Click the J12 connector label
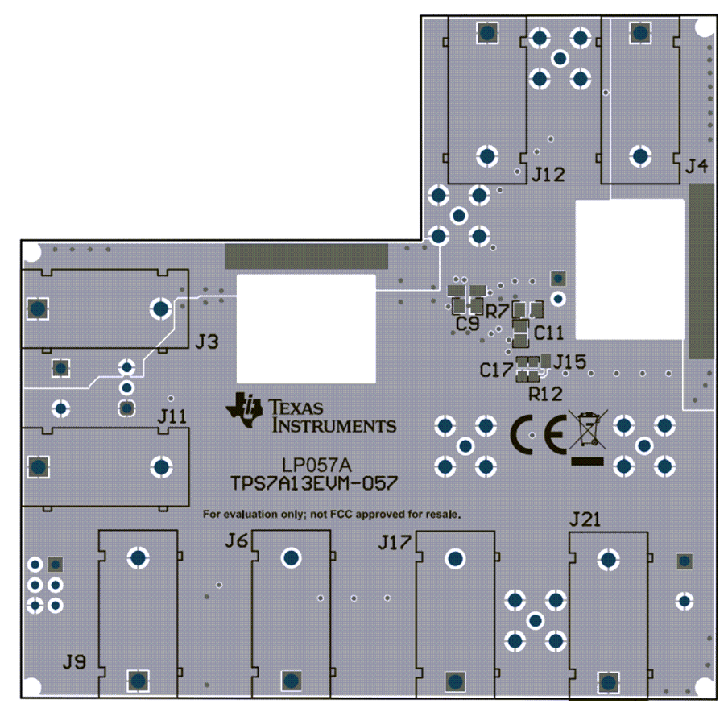tap(548, 175)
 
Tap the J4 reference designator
tap(697, 166)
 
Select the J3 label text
tap(207, 342)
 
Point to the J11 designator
tap(172, 416)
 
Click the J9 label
tap(74, 661)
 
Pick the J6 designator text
tap(236, 540)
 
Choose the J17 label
tap(395, 542)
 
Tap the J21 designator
tap(585, 519)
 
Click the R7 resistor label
tap(496, 311)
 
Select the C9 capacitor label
tap(468, 324)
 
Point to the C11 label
tap(548, 333)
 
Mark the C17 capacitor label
tap(496, 370)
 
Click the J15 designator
tap(570, 362)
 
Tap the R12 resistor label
tap(545, 395)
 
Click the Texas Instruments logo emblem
tap(245, 410)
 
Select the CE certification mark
tap(539, 434)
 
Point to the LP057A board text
tap(316, 465)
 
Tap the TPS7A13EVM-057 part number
tap(314, 483)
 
